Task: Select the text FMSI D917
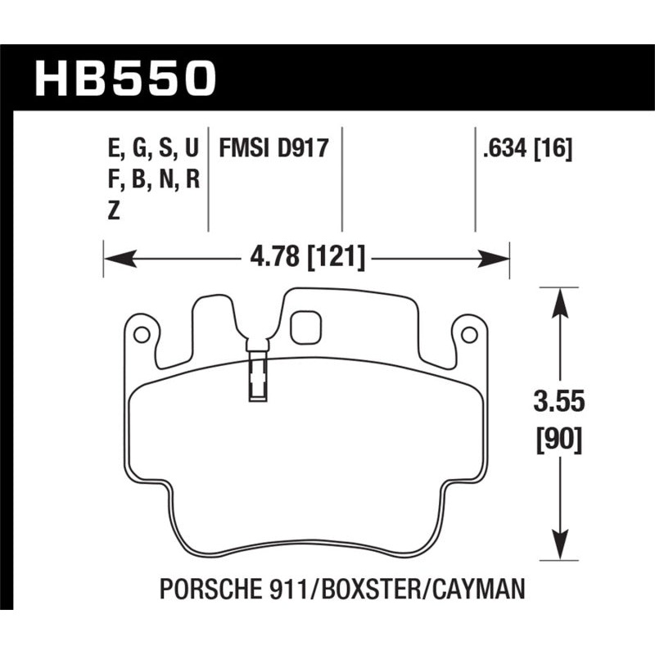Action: [273, 149]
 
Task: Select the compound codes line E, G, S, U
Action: [153, 149]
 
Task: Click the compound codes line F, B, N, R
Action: [153, 179]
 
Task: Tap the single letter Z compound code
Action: [114, 210]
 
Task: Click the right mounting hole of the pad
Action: [468, 335]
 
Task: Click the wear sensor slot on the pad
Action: [256, 374]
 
